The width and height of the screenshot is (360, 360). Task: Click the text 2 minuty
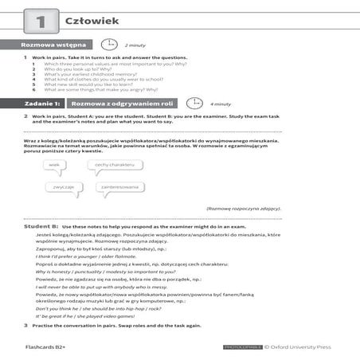[x=135, y=46]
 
